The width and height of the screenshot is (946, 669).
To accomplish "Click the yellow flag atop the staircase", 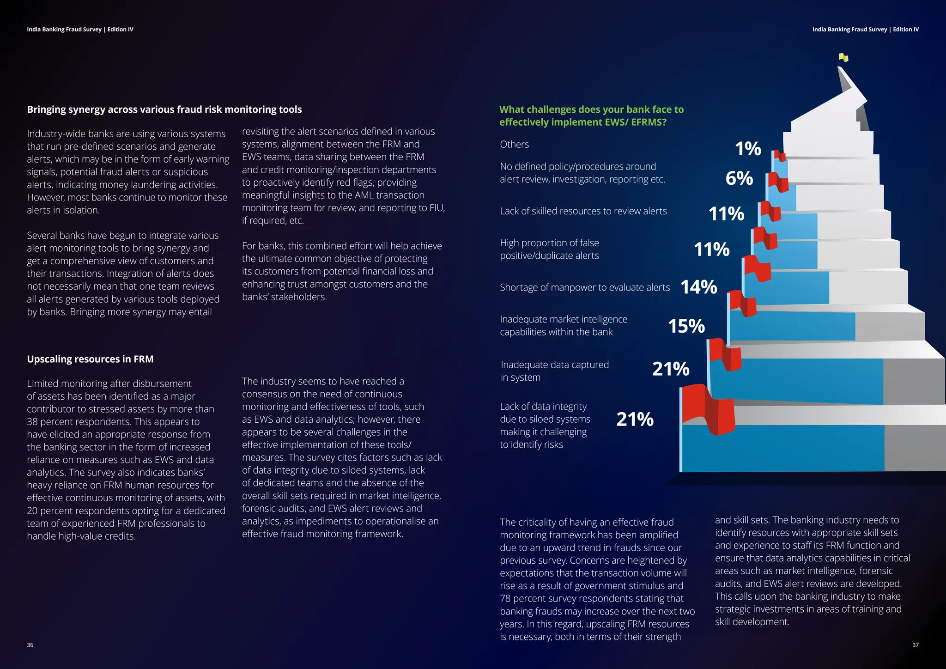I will [843, 58].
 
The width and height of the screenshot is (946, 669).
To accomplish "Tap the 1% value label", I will [748, 149].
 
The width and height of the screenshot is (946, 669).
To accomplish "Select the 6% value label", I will [739, 178].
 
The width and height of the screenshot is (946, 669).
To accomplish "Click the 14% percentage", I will [699, 287].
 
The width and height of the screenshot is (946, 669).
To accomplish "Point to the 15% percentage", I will [686, 326].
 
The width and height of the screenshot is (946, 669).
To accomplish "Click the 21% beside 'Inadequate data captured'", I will [671, 369].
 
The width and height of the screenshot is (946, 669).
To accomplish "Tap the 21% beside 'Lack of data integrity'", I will [635, 420].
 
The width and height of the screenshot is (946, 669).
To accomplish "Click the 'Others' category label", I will [514, 145].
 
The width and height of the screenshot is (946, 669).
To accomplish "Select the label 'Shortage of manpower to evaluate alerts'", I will [584, 287].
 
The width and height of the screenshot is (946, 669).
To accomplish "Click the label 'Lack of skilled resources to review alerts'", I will [583, 211].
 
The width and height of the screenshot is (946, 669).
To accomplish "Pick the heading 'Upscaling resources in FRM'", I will [90, 359].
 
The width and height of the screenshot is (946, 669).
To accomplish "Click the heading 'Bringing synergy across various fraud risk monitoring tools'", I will [164, 109].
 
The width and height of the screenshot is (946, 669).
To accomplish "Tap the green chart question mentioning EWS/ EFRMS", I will [591, 116].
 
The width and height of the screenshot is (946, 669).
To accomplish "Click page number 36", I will [30, 645].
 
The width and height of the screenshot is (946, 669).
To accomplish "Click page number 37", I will [916, 645].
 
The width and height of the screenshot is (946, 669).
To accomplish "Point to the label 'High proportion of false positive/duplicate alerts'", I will [549, 249].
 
